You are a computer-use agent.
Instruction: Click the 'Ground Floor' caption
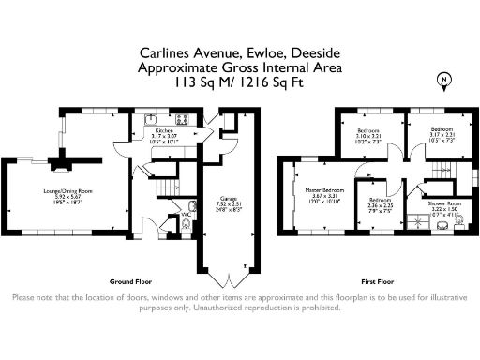[x=130, y=280]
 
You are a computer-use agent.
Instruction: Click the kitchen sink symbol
[x=151, y=119]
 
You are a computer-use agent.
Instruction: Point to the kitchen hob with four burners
[x=181, y=119]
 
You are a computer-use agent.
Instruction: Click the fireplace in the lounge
[x=60, y=164]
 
